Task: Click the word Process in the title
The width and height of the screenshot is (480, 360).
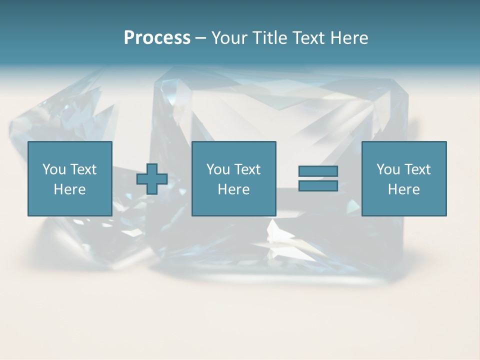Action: [x=157, y=38]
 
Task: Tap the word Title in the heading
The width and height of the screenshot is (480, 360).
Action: [x=271, y=38]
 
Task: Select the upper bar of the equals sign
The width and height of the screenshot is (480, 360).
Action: [x=318, y=171]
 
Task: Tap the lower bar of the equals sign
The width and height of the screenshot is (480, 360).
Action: [x=318, y=186]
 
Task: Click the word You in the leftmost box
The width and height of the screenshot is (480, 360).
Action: [x=54, y=169]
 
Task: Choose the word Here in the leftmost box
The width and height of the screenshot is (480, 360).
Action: [x=69, y=189]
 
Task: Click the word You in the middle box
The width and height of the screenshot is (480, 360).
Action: [x=218, y=169]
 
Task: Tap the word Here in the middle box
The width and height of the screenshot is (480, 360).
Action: [x=233, y=189]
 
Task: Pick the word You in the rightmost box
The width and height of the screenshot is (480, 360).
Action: [x=388, y=169]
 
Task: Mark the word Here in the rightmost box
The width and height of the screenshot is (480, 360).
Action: [x=403, y=189]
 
